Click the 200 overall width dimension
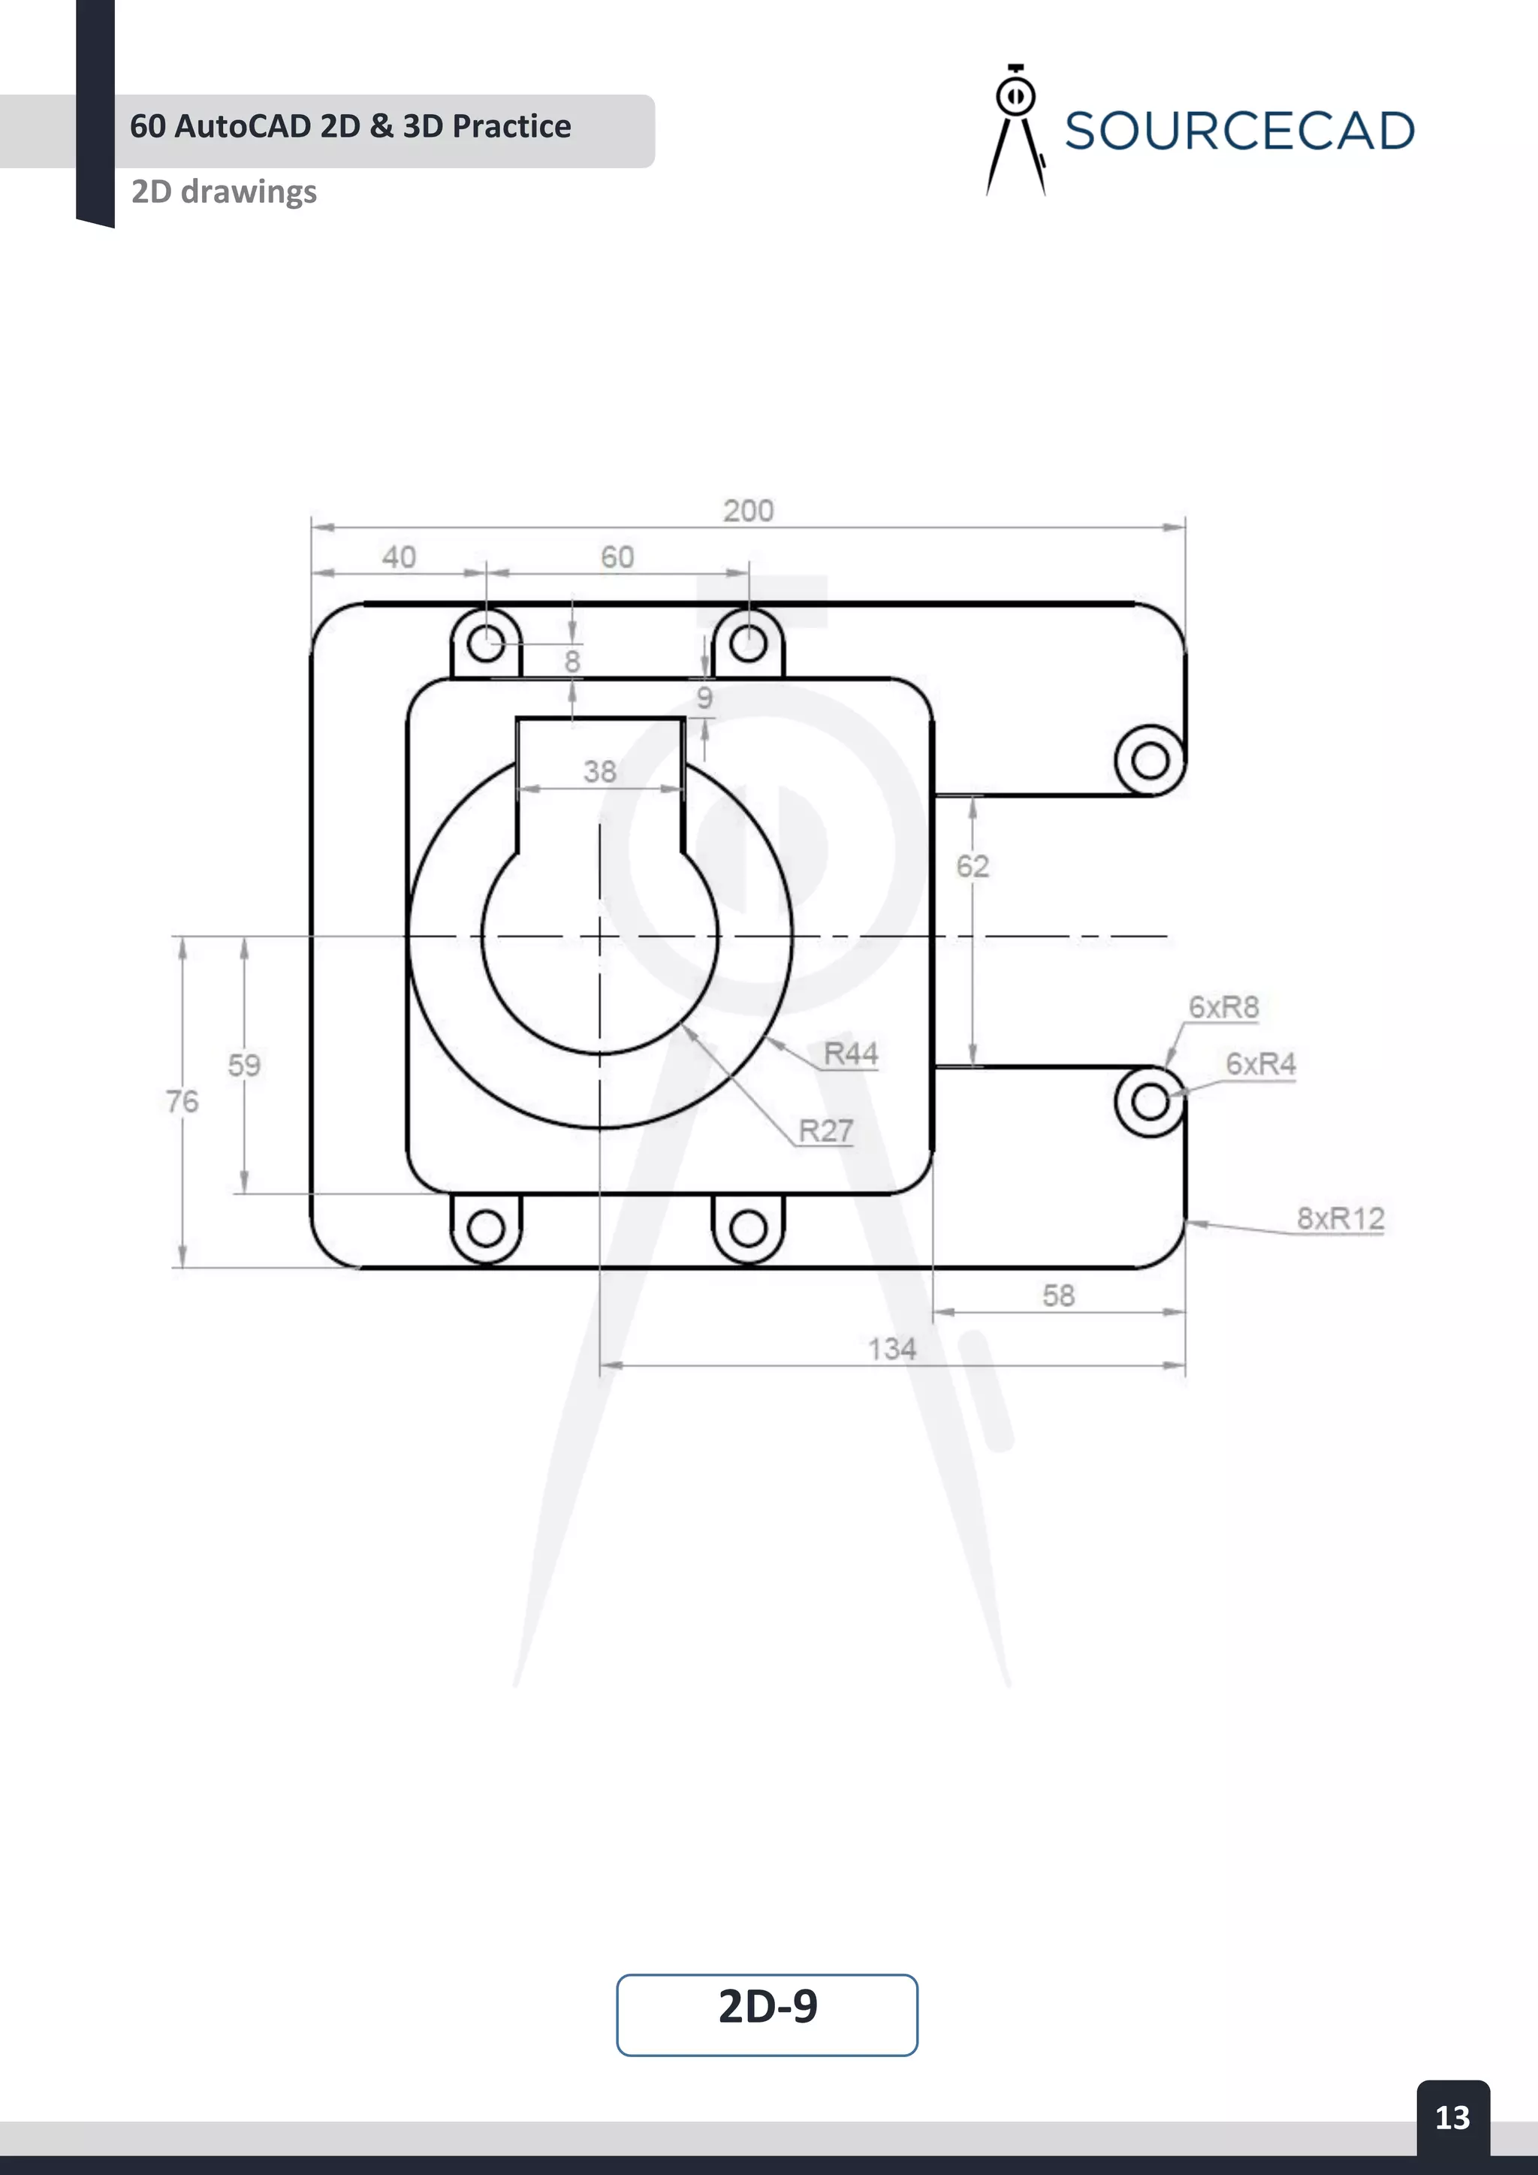tap(748, 511)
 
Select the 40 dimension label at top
tap(399, 557)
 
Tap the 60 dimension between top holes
tap(617, 557)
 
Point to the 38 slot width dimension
tap(599, 771)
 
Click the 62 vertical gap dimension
tap(973, 866)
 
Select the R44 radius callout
tap(850, 1054)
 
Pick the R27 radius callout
tap(826, 1130)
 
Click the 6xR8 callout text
tap(1223, 1007)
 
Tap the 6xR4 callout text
tap(1261, 1063)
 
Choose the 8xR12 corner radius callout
tap(1340, 1218)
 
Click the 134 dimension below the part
tap(892, 1349)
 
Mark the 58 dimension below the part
tap(1059, 1296)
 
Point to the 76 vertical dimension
tap(182, 1101)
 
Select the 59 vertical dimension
tap(244, 1065)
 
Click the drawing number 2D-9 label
tap(767, 2008)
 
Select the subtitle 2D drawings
tap(225, 192)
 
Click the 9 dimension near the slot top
tap(704, 698)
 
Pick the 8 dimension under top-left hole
tap(572, 661)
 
